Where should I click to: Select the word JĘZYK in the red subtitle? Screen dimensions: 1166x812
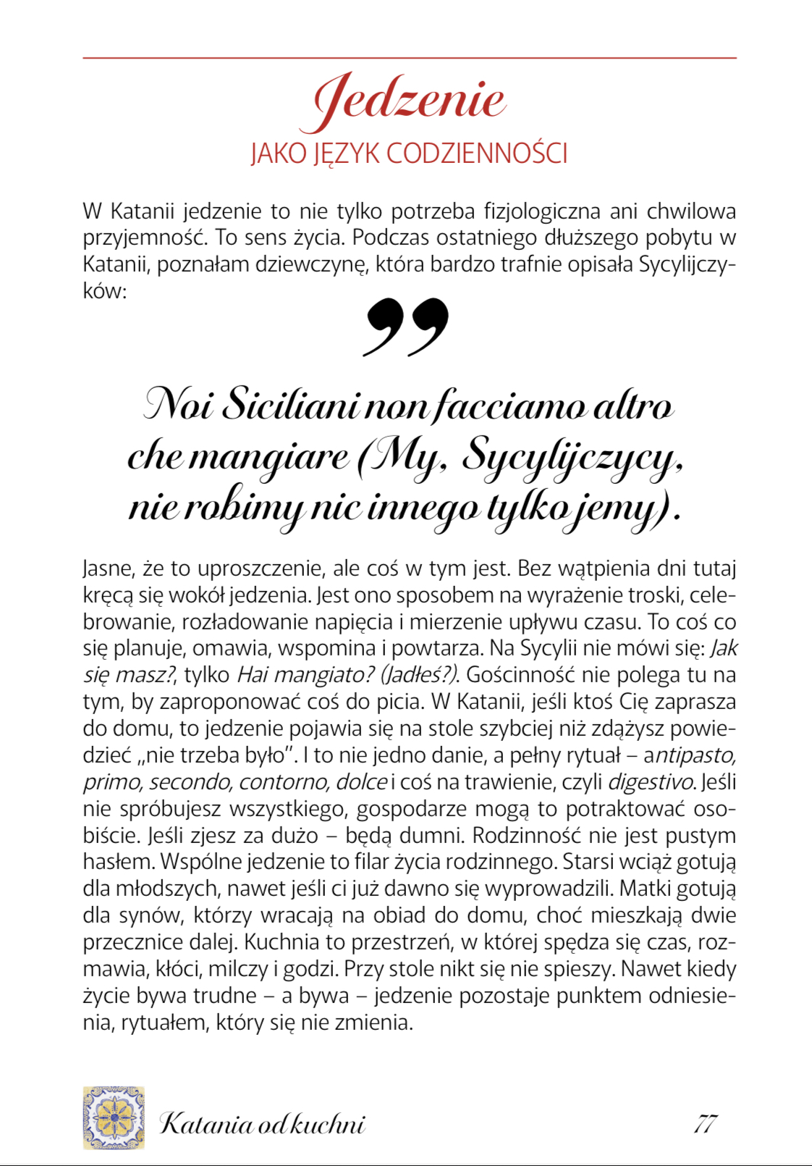click(x=346, y=154)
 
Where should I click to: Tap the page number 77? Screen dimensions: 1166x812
click(x=705, y=1123)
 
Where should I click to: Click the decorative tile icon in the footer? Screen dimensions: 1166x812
click(x=114, y=1117)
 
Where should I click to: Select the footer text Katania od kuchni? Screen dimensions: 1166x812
click(x=262, y=1124)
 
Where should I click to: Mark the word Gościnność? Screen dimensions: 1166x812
click(x=520, y=675)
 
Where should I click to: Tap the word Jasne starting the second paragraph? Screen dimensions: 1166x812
click(x=109, y=569)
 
